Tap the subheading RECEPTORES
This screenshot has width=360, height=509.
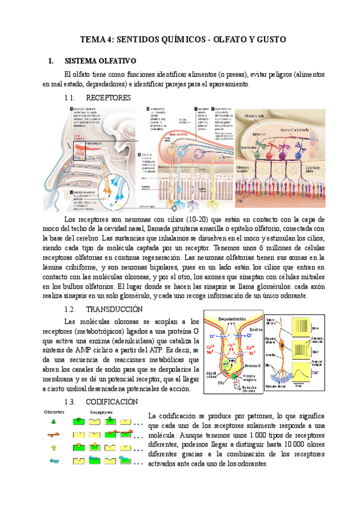tap(108, 97)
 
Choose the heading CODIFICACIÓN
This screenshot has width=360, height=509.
tap(116, 402)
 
